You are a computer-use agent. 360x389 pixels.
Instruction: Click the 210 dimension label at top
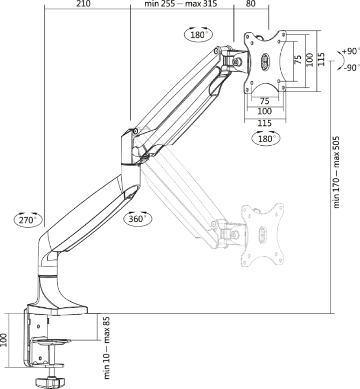tap(83, 3)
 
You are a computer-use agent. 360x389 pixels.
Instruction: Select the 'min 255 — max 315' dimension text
tap(181, 3)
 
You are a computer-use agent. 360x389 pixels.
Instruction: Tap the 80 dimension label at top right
tap(251, 3)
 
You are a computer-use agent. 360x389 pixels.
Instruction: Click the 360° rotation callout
tap(138, 219)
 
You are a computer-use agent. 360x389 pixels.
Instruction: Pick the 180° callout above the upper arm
tap(198, 35)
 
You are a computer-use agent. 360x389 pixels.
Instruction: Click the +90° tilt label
tap(351, 51)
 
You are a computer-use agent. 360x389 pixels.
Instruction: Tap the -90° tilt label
tap(351, 67)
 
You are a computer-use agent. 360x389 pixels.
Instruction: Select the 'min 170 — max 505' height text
tap(336, 172)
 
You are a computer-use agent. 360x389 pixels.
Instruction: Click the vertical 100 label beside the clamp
tap(3, 340)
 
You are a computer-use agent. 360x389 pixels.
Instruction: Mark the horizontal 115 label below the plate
tap(265, 123)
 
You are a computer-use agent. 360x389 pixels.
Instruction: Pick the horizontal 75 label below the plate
tap(265, 101)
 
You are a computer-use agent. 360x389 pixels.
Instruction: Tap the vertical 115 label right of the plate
tap(321, 59)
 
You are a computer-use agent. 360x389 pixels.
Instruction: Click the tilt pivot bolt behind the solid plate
tap(238, 61)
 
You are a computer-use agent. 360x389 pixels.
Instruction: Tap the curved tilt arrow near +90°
tap(341, 60)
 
